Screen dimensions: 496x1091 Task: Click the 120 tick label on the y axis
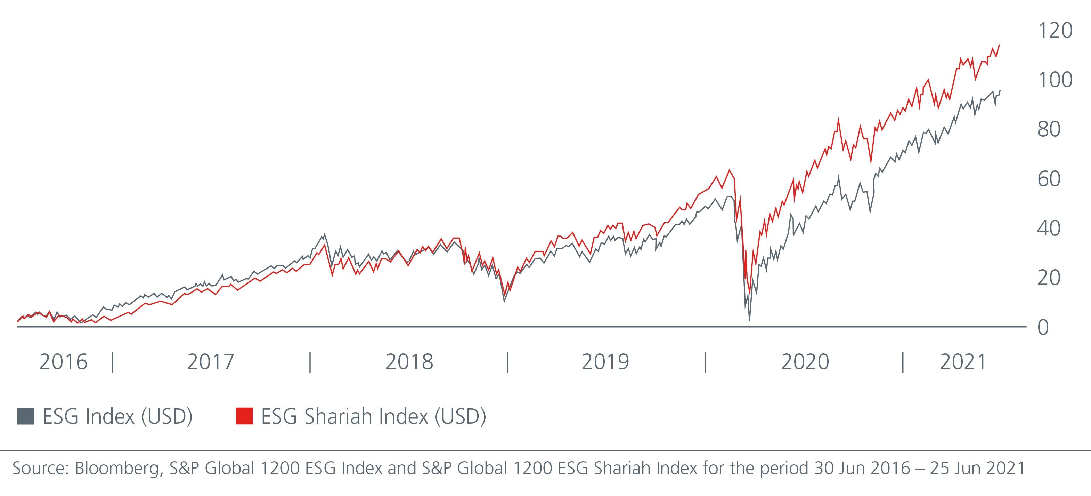pos(1055,31)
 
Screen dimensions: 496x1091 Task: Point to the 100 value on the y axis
pos(1055,80)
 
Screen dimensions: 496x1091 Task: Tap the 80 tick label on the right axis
pos(1049,129)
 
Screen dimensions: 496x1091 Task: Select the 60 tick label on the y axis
pos(1049,179)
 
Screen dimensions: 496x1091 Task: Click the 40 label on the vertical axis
pos(1049,229)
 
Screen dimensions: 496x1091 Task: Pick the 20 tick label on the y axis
pos(1049,278)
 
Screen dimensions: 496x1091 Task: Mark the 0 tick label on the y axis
pos(1043,328)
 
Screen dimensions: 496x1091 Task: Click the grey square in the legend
pos(25,416)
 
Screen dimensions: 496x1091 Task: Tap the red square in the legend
pos(244,416)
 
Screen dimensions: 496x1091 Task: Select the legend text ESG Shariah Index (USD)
pos(374,416)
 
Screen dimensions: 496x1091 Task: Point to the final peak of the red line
pos(1000,45)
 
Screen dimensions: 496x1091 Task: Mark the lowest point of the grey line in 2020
pos(750,320)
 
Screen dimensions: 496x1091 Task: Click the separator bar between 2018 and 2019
pos(507,363)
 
